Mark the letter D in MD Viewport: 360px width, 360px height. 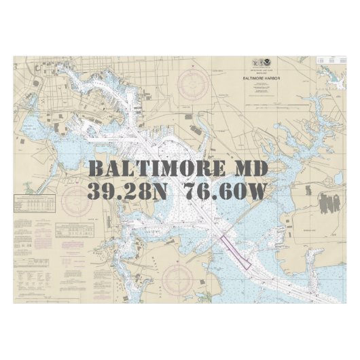click(x=260, y=168)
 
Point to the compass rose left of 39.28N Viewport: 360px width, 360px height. click(x=75, y=199)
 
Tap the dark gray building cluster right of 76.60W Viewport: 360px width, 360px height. click(x=330, y=202)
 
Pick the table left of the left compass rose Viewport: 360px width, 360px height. click(x=34, y=204)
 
